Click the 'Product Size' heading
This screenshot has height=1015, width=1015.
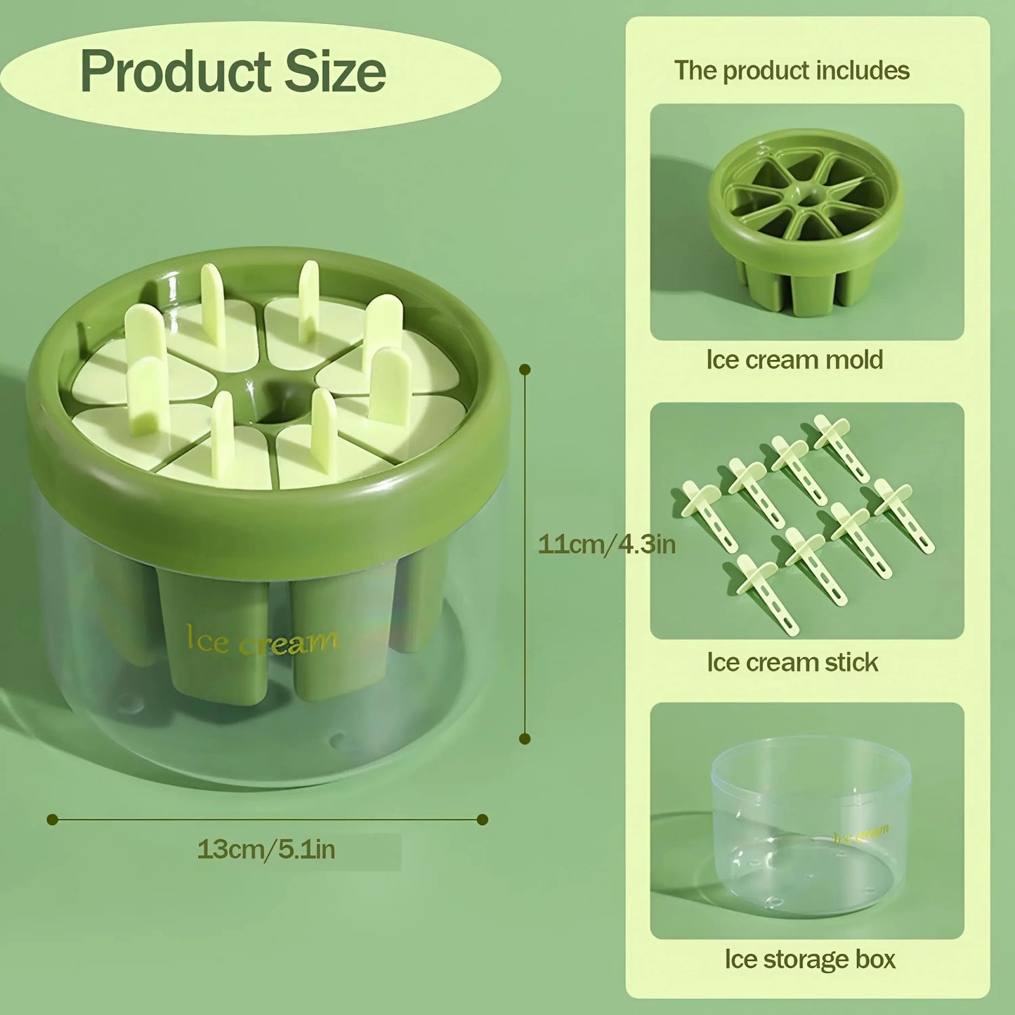pyautogui.click(x=233, y=72)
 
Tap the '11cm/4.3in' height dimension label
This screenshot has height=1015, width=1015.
pyautogui.click(x=606, y=544)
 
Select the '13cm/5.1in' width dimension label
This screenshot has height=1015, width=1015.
pyautogui.click(x=266, y=849)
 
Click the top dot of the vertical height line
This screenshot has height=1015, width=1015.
pyautogui.click(x=525, y=369)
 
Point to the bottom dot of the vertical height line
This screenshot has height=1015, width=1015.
pyautogui.click(x=525, y=738)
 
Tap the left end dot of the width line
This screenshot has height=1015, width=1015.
pyautogui.click(x=52, y=819)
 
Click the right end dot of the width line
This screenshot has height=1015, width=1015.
pyautogui.click(x=483, y=819)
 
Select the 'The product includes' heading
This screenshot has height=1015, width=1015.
pyautogui.click(x=792, y=70)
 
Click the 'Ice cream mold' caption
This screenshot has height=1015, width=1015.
pyautogui.click(x=794, y=360)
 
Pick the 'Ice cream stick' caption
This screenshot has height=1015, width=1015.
pyautogui.click(x=792, y=662)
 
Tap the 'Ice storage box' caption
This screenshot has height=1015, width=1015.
pyautogui.click(x=810, y=960)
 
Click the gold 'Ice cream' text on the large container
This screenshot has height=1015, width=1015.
pyautogui.click(x=261, y=641)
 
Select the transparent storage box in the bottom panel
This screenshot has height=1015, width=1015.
pyautogui.click(x=811, y=825)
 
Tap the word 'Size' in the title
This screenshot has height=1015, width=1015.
pyautogui.click(x=335, y=72)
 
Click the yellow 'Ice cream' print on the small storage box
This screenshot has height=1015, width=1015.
pyautogui.click(x=862, y=834)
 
